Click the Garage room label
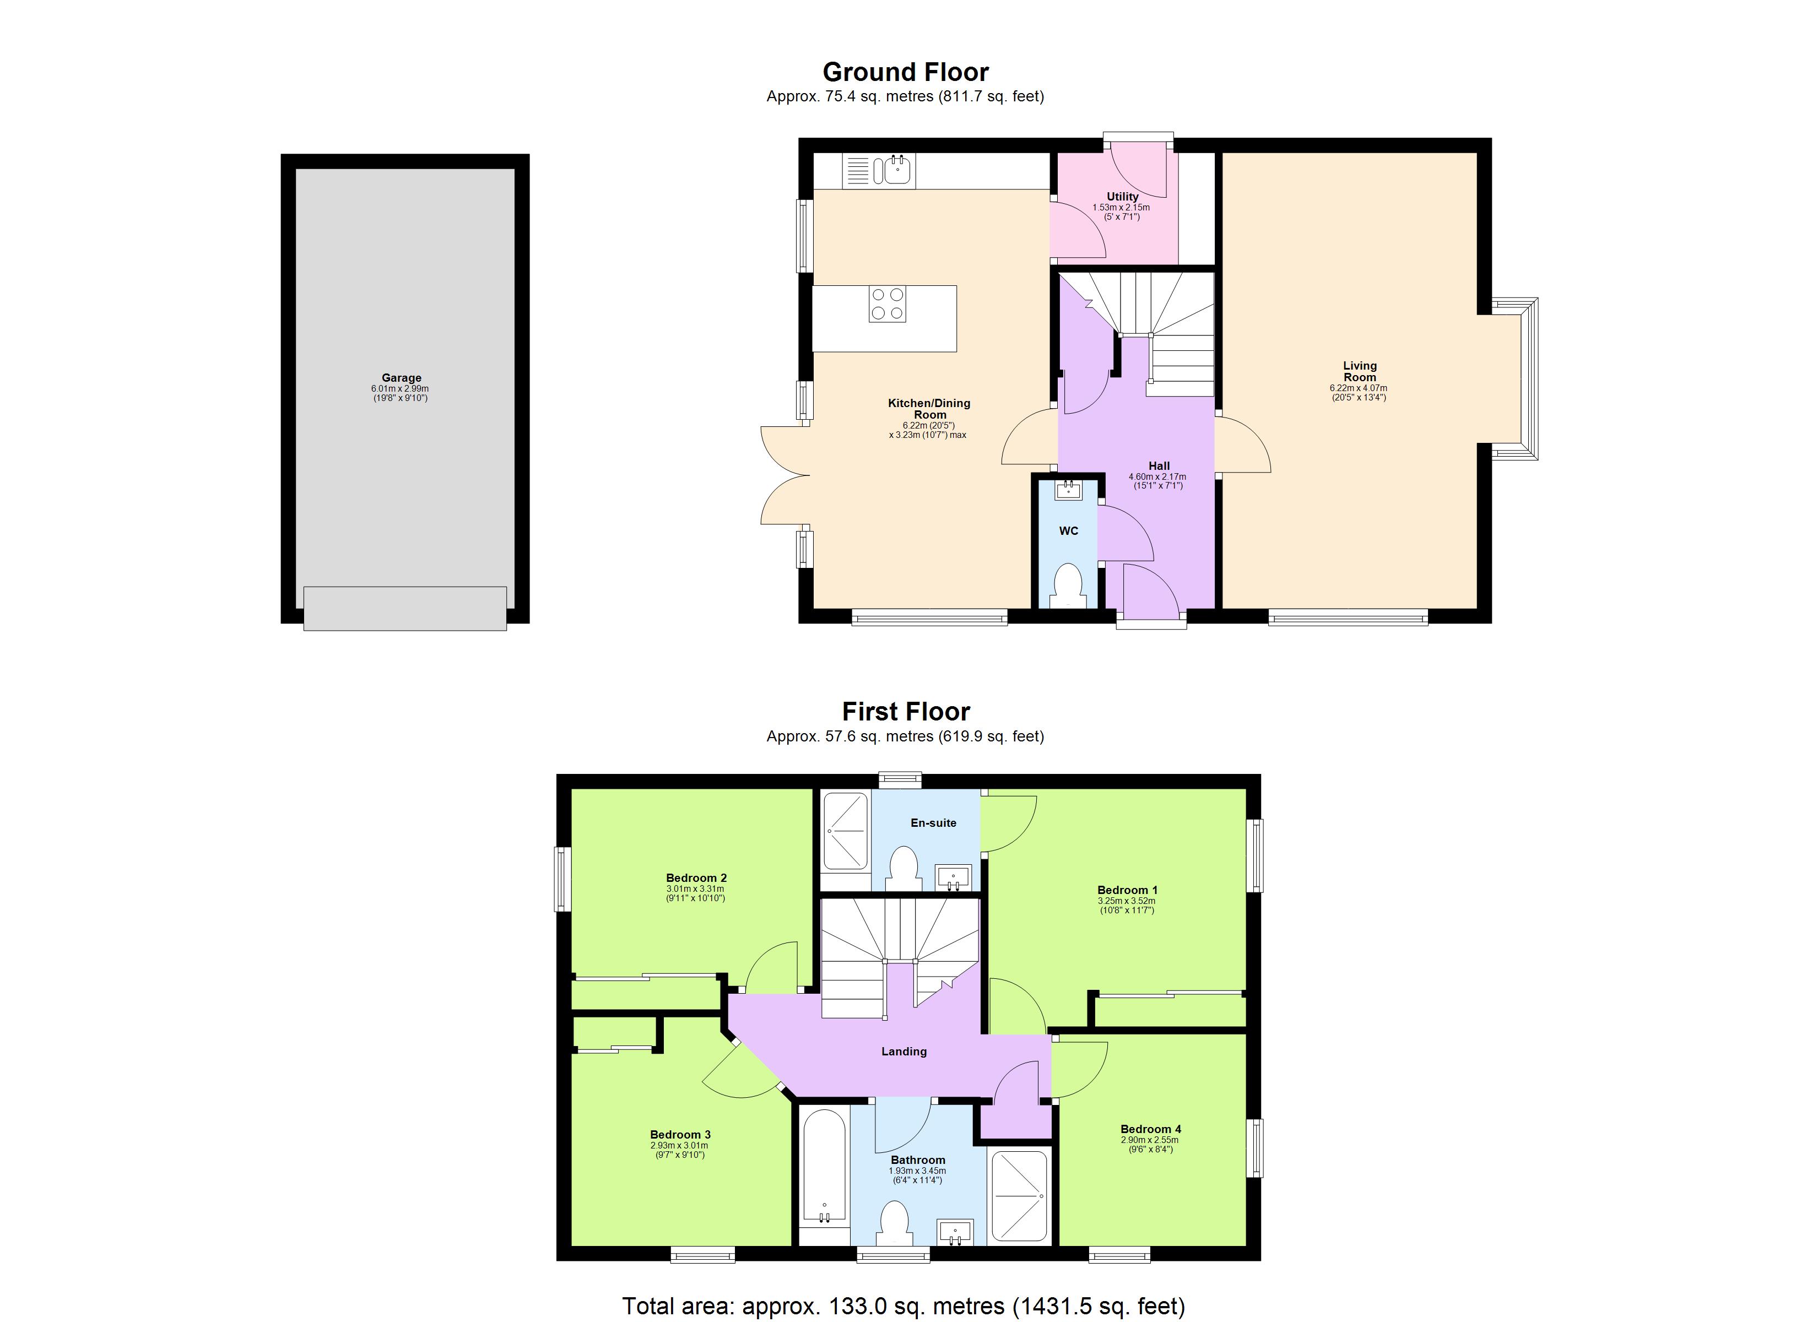pos(401,378)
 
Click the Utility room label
pos(1122,197)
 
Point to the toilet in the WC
pos(1068,584)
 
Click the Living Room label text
pos(1360,371)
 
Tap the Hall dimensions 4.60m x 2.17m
pos(1157,476)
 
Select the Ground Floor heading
pos(905,72)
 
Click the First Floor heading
pos(905,711)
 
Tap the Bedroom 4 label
pos(1150,1129)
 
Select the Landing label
pos(903,1051)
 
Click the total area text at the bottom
pos(903,1305)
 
